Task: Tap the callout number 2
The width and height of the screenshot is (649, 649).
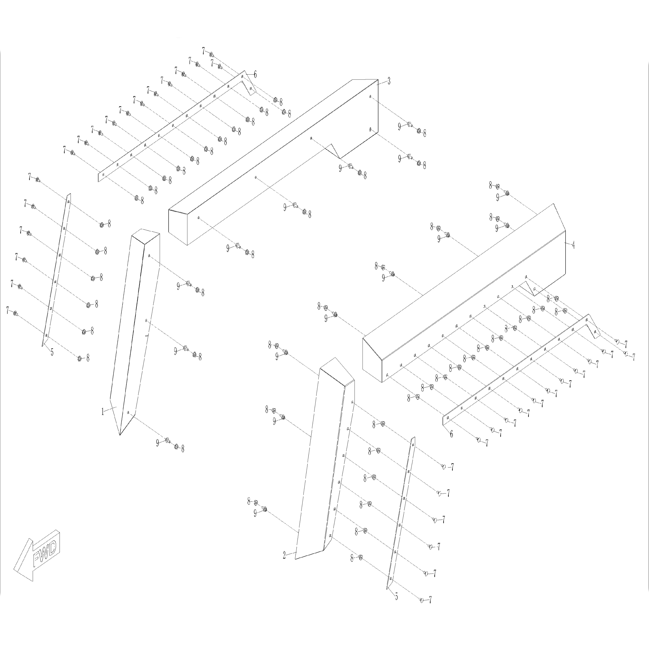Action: pyautogui.click(x=284, y=555)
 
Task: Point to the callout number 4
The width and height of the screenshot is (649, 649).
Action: pyautogui.click(x=573, y=245)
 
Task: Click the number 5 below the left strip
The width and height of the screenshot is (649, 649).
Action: pyautogui.click(x=52, y=352)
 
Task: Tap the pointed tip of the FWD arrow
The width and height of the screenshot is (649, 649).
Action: pyautogui.click(x=14, y=569)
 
